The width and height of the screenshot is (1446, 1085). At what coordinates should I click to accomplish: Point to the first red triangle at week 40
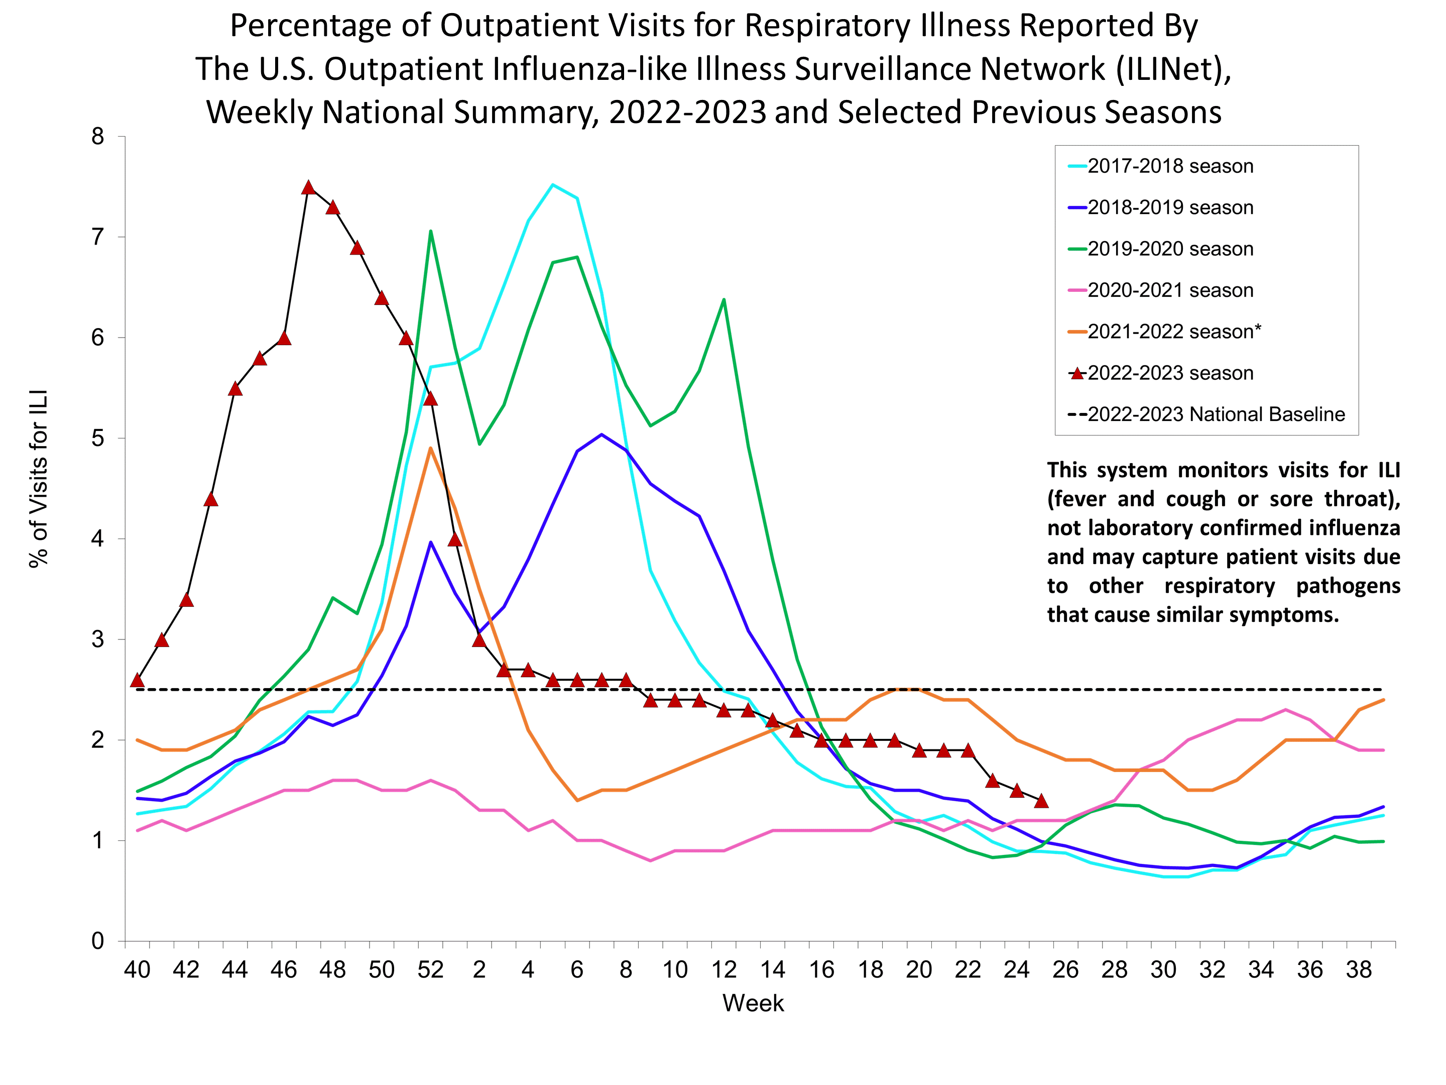(x=137, y=680)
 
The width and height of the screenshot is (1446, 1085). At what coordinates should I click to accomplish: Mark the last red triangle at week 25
(x=1041, y=801)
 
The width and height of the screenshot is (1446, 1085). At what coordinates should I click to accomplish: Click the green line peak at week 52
(x=430, y=231)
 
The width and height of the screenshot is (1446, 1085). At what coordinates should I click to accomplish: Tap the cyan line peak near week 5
(x=553, y=184)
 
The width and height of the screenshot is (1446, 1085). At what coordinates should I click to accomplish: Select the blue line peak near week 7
(x=601, y=435)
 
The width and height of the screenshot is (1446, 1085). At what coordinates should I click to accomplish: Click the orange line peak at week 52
(x=430, y=448)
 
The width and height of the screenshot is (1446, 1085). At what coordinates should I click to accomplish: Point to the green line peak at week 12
(x=724, y=299)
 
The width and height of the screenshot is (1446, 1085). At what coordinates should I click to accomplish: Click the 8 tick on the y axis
(x=98, y=137)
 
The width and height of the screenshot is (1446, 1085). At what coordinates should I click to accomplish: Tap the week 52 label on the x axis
(x=430, y=969)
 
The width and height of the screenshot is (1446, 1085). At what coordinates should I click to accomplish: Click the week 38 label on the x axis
(x=1359, y=969)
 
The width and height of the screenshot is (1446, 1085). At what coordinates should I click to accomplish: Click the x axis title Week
(x=753, y=1003)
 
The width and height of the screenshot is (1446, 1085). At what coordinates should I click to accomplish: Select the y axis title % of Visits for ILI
(x=39, y=479)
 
